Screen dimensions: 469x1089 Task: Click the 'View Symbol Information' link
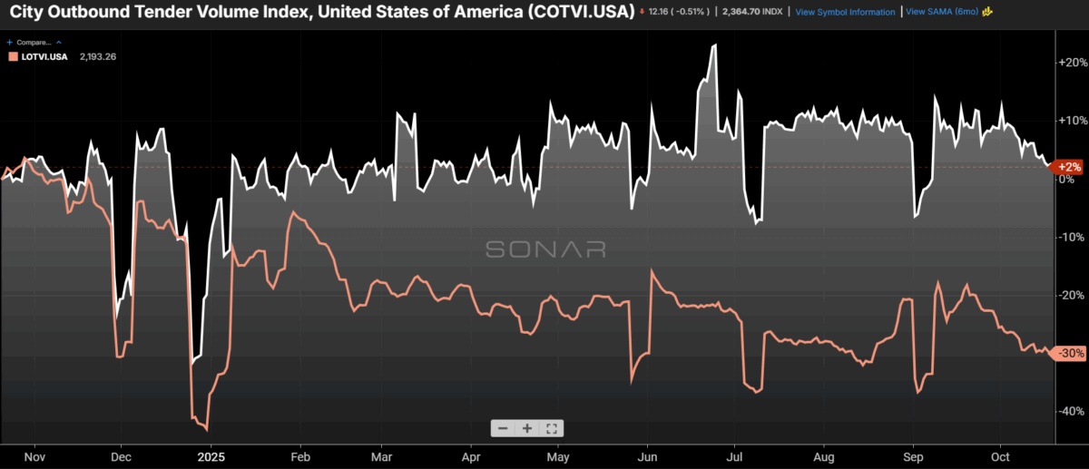tap(845, 12)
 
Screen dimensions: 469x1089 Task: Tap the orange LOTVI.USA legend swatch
tap(12, 56)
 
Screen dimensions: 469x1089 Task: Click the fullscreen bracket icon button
tap(551, 428)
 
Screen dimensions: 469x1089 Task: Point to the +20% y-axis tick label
tap(1073, 62)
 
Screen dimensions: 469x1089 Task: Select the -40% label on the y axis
tap(1073, 410)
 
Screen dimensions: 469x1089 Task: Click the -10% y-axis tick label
tap(1073, 236)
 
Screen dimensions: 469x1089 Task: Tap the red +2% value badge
tap(1069, 167)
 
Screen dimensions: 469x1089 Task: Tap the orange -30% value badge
tap(1069, 353)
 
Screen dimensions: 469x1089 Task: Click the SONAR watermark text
tap(545, 249)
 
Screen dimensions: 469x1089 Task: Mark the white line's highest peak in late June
tap(714, 45)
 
